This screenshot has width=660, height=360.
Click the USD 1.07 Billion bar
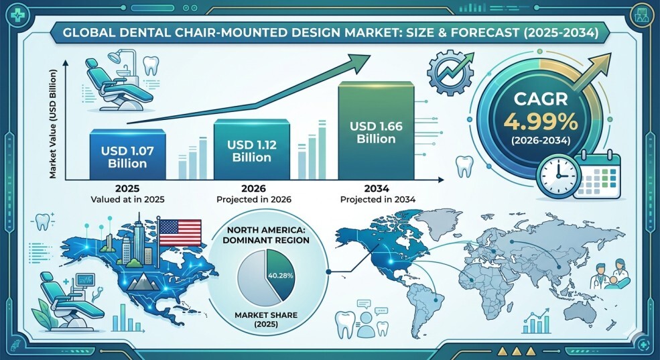tap(127, 155)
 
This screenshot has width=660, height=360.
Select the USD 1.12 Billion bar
tap(252, 149)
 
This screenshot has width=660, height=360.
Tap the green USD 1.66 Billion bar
tap(377, 131)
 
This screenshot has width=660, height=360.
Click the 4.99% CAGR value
tap(541, 122)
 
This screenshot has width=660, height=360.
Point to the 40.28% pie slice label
tap(280, 276)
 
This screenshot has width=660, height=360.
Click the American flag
tap(180, 233)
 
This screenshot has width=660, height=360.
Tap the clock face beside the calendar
tap(559, 175)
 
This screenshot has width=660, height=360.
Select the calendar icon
tap(597, 176)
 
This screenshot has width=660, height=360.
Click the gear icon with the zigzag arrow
tap(449, 72)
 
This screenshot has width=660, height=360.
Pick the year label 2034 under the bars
tap(377, 188)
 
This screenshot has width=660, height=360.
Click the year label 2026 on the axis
tap(253, 188)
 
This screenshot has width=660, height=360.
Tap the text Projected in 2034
tap(378, 199)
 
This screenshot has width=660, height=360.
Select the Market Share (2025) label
tap(266, 320)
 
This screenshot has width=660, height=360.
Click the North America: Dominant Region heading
tap(265, 235)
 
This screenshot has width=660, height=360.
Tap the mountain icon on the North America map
tap(143, 282)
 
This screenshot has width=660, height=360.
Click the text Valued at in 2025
tap(127, 199)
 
